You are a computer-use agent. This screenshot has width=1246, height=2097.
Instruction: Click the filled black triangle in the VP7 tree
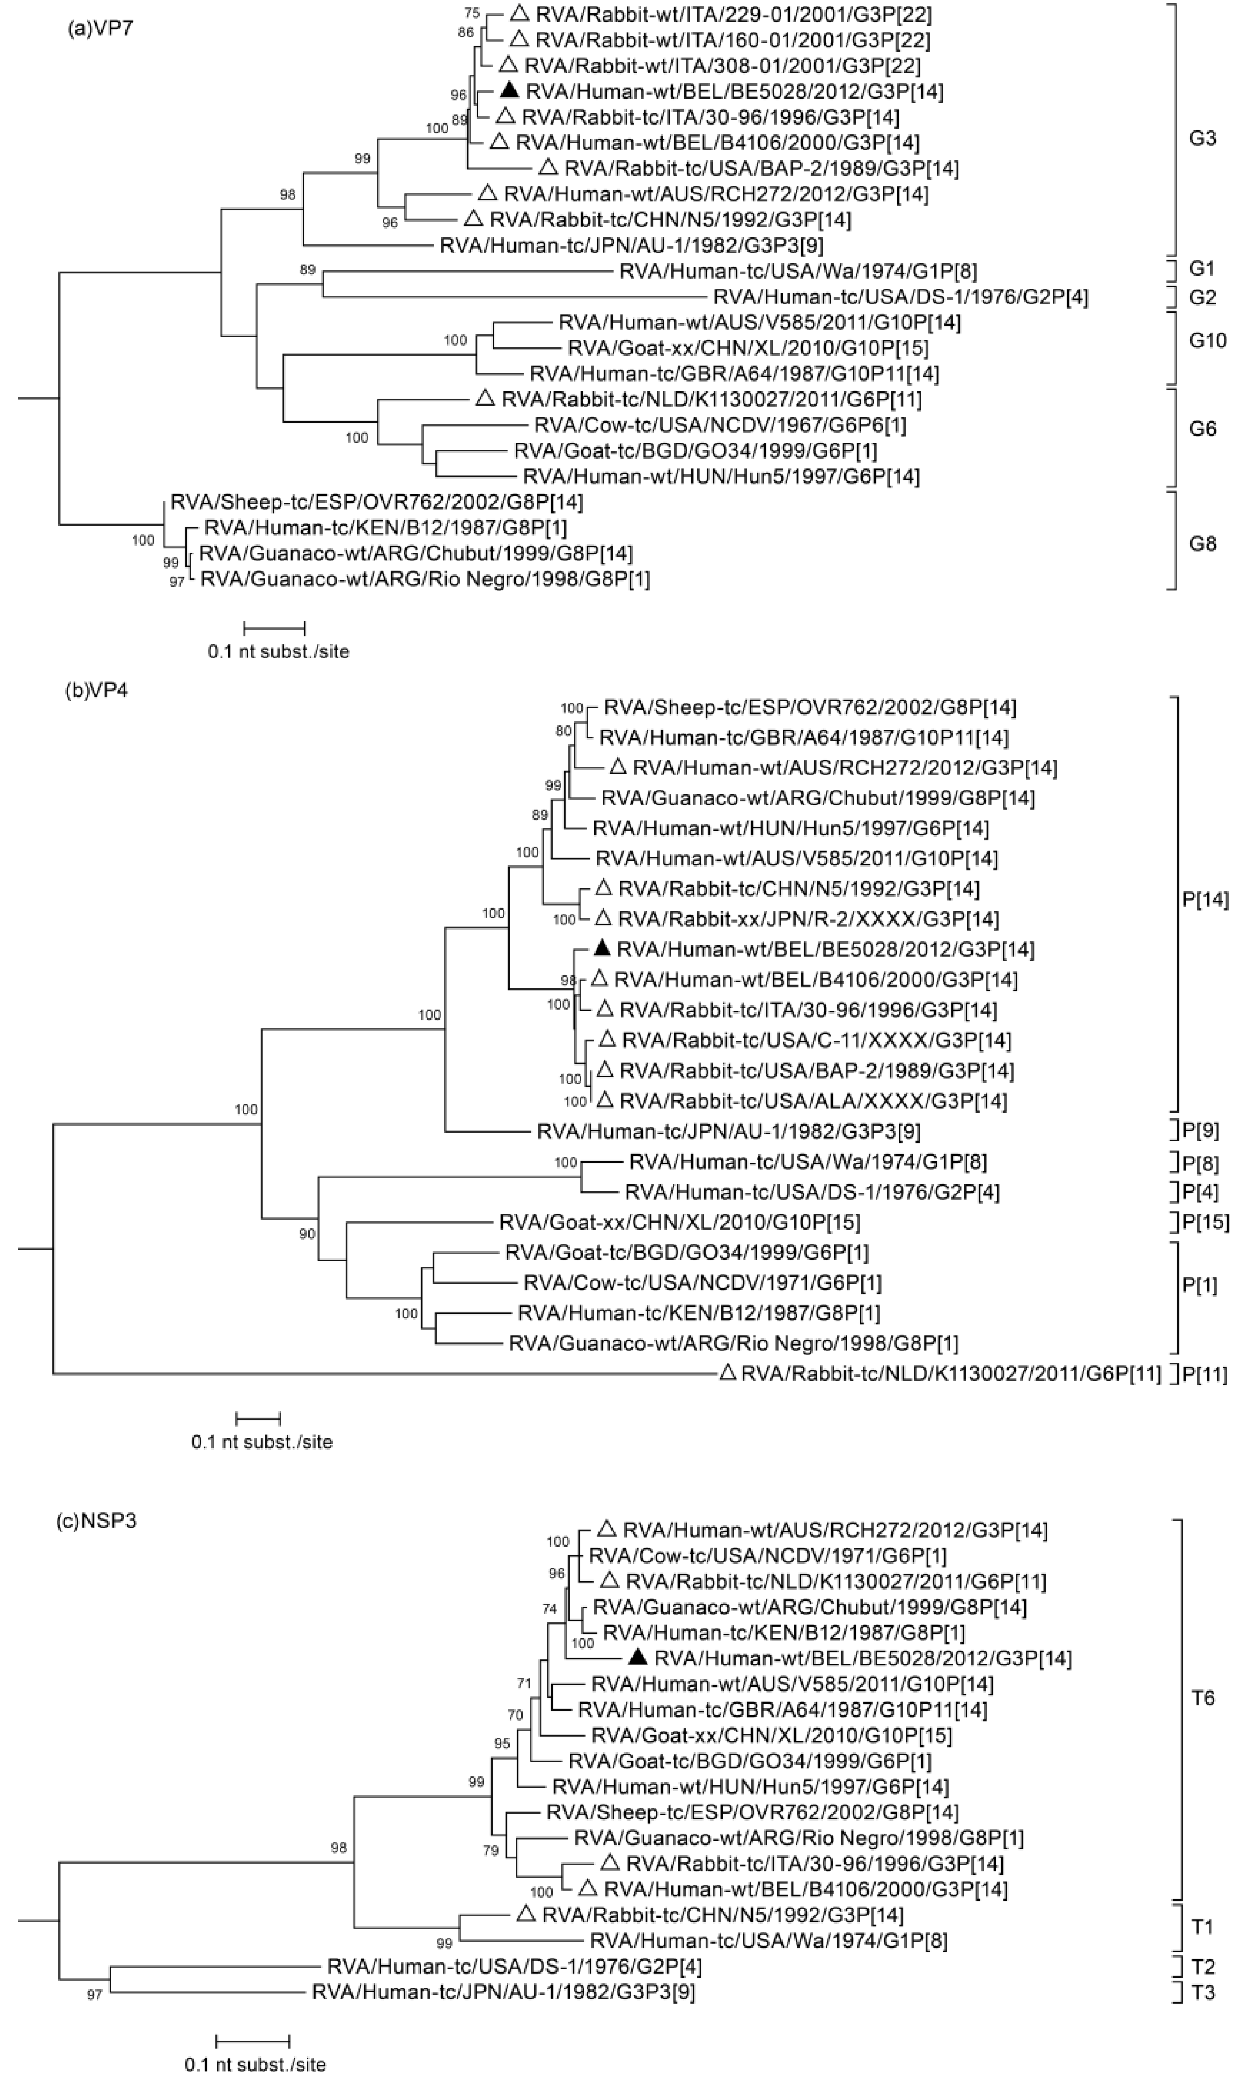tap(509, 90)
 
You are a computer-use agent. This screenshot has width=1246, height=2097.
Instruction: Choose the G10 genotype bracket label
tap(1207, 340)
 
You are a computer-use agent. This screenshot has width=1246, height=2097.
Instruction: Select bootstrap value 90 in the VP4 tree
tap(307, 1234)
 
